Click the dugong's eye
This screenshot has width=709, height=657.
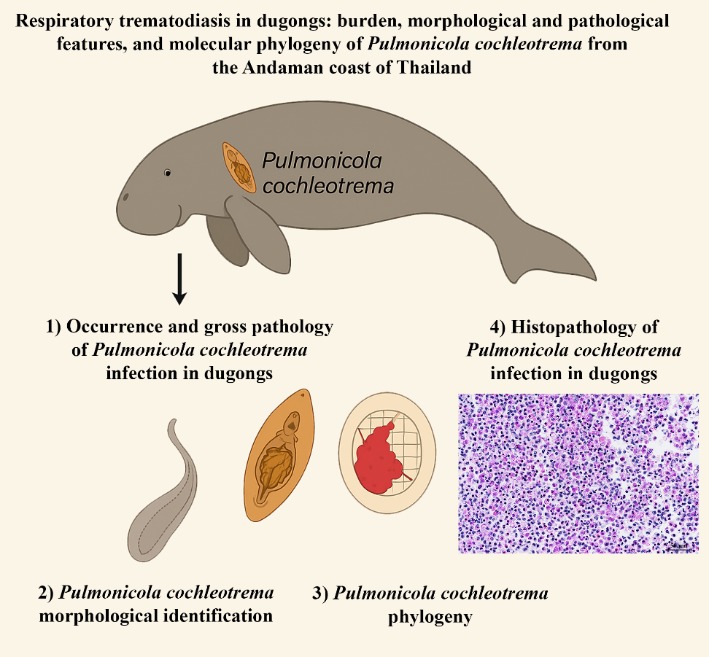pyautogui.click(x=168, y=173)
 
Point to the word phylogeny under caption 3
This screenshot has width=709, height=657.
pyautogui.click(x=430, y=617)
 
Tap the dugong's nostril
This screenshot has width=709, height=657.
pyautogui.click(x=126, y=197)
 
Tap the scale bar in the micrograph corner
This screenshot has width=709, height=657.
pyautogui.click(x=679, y=547)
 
